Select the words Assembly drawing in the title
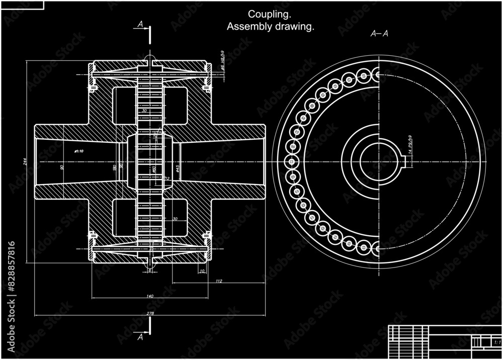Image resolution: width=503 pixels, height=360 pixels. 270,27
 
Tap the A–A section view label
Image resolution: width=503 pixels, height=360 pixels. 379,34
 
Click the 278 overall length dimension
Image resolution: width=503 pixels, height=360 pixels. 150,313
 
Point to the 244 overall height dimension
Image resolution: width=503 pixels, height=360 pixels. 24,161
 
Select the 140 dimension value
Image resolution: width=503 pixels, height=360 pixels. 150,296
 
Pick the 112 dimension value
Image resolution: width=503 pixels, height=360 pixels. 218,281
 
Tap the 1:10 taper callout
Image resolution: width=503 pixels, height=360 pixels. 79,150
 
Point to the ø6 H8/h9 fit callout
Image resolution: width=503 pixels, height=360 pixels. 222,60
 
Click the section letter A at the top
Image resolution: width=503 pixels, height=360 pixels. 140,24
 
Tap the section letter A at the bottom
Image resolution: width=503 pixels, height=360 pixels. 140,337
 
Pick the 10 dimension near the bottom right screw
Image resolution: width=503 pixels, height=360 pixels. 202,272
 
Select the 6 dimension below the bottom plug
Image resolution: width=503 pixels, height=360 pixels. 149,271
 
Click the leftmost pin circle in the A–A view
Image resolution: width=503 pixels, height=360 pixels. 291,162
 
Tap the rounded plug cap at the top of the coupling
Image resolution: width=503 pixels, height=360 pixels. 150,59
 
